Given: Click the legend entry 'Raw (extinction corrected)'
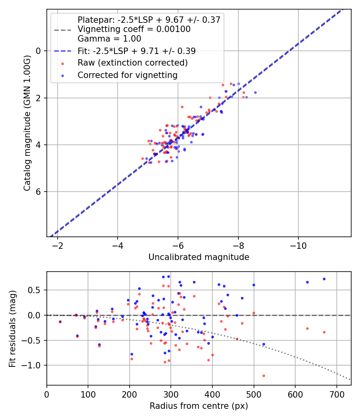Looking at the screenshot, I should click(x=132, y=63).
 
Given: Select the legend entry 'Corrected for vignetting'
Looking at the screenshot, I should click(x=128, y=75).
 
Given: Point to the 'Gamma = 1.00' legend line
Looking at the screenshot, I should click(x=109, y=39).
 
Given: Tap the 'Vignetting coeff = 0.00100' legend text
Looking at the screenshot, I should click(x=134, y=29).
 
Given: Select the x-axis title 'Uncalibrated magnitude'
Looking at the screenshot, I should click(x=199, y=257).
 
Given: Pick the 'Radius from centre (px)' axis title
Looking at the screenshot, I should click(x=199, y=406).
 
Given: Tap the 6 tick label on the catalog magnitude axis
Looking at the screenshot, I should click(x=38, y=192).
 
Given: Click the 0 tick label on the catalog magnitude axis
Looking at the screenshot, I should click(x=38, y=51).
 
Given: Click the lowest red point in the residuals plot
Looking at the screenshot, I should click(x=264, y=376).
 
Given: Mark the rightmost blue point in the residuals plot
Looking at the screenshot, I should click(x=324, y=279).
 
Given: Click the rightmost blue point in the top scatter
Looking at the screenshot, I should click(x=255, y=92).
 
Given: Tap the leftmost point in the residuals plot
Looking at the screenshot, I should click(x=60, y=322).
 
